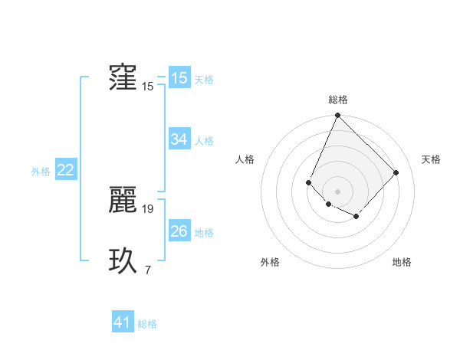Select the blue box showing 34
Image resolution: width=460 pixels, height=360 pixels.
pyautogui.click(x=179, y=139)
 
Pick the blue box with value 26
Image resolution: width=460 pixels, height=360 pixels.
pyautogui.click(x=179, y=231)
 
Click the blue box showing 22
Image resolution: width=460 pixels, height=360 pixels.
pyautogui.click(x=65, y=171)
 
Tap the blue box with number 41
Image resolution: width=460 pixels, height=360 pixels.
pyautogui.click(x=123, y=322)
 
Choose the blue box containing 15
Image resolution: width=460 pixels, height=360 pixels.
pyautogui.click(x=179, y=78)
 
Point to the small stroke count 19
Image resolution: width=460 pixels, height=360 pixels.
pyautogui.click(x=148, y=208)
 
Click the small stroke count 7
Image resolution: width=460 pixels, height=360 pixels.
pyautogui.click(x=148, y=270)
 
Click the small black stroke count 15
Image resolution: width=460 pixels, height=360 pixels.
pyautogui.click(x=148, y=87)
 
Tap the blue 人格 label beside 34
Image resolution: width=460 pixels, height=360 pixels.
pyautogui.click(x=204, y=141)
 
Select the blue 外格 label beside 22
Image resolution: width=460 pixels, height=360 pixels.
pyautogui.click(x=41, y=172)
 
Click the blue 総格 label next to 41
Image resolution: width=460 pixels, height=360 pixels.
pyautogui.click(x=147, y=324)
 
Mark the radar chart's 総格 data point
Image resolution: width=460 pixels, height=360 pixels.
pyautogui.click(x=337, y=116)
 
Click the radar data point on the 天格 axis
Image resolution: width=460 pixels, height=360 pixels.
pyautogui.click(x=396, y=172)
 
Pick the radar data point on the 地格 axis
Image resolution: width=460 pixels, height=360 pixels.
pyautogui.click(x=356, y=217)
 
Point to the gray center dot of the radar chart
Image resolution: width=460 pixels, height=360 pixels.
pyautogui.click(x=337, y=191)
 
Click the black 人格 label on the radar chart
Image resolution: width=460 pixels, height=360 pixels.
pyautogui.click(x=245, y=159)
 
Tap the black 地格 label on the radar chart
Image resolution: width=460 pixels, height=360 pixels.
pyautogui.click(x=402, y=263)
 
